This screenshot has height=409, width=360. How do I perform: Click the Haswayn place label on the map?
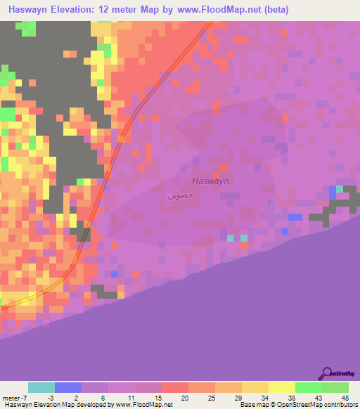(211, 181)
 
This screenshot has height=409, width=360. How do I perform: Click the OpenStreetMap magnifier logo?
(326, 374)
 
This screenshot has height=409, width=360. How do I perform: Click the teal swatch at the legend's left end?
(41, 387)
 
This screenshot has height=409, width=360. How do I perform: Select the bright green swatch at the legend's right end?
(335, 387)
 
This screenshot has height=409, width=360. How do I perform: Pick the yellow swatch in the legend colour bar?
(281, 387)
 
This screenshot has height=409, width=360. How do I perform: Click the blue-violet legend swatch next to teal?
(68, 387)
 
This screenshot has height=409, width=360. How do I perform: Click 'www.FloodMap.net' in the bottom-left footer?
(131, 405)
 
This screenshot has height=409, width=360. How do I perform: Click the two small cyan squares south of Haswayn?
(237, 238)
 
